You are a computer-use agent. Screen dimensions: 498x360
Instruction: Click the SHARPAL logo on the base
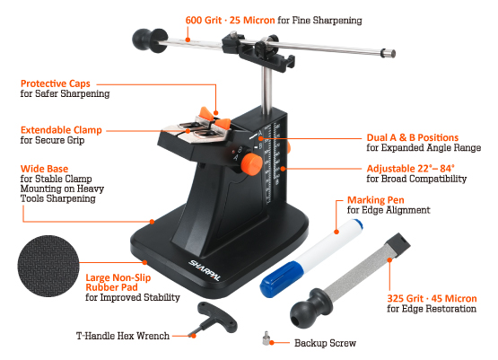(205, 270)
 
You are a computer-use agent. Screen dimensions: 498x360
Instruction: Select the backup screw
(266, 338)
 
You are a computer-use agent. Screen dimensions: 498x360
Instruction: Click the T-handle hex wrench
(216, 318)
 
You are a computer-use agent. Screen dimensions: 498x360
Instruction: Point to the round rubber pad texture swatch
(48, 266)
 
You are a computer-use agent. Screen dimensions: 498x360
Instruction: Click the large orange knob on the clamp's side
(251, 163)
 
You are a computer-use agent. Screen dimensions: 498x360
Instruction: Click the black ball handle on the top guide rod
(149, 40)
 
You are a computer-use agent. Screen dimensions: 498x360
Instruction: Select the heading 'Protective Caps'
(56, 83)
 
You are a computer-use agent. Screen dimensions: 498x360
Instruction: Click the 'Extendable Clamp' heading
(61, 130)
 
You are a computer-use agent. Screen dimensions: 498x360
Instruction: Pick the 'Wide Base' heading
(44, 169)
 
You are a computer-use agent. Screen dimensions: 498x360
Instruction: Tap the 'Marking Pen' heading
(375, 200)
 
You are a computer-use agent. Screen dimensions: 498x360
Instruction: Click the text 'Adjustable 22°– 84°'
(410, 169)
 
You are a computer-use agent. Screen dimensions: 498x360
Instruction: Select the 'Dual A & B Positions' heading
(413, 137)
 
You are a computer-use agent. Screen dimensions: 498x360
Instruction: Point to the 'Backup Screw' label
(325, 343)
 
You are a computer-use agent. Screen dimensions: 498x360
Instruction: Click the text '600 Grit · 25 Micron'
(230, 21)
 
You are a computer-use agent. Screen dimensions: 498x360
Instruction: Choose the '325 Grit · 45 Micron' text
(432, 299)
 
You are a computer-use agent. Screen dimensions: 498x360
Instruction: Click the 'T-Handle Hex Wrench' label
(123, 336)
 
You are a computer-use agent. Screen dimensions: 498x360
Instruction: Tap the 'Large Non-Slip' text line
(118, 277)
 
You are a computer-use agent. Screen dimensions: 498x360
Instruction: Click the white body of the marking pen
(330, 245)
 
